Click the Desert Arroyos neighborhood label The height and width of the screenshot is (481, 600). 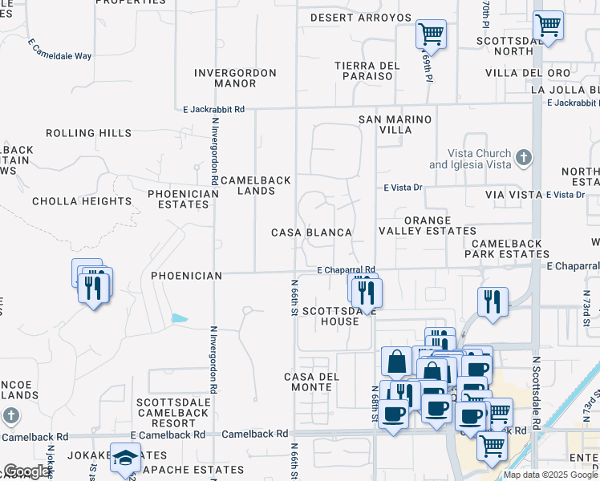point(360,18)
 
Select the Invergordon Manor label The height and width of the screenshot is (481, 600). point(235,79)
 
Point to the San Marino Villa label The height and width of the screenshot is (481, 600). point(395,124)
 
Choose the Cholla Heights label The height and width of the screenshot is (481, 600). point(82,201)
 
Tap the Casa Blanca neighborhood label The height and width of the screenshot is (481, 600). point(311,232)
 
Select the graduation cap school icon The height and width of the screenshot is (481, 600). point(124,457)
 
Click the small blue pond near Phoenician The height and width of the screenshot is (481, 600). point(180,318)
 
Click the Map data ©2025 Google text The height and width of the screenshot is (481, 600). point(550,475)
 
